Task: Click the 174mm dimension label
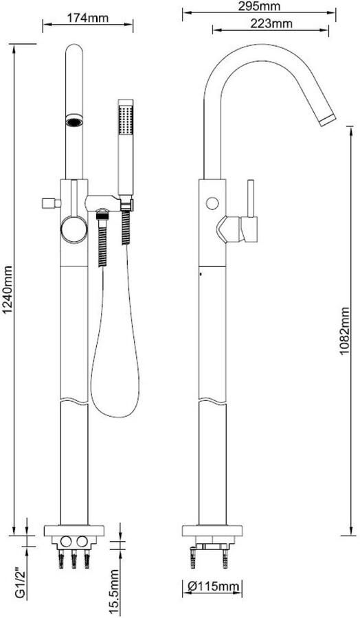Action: [x=87, y=18]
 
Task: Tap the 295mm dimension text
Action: [x=260, y=6]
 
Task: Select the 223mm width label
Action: [x=271, y=24]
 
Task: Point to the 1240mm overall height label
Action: [x=8, y=290]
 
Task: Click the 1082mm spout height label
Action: [x=345, y=330]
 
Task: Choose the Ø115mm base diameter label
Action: [x=213, y=586]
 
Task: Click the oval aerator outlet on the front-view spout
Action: [x=74, y=121]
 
